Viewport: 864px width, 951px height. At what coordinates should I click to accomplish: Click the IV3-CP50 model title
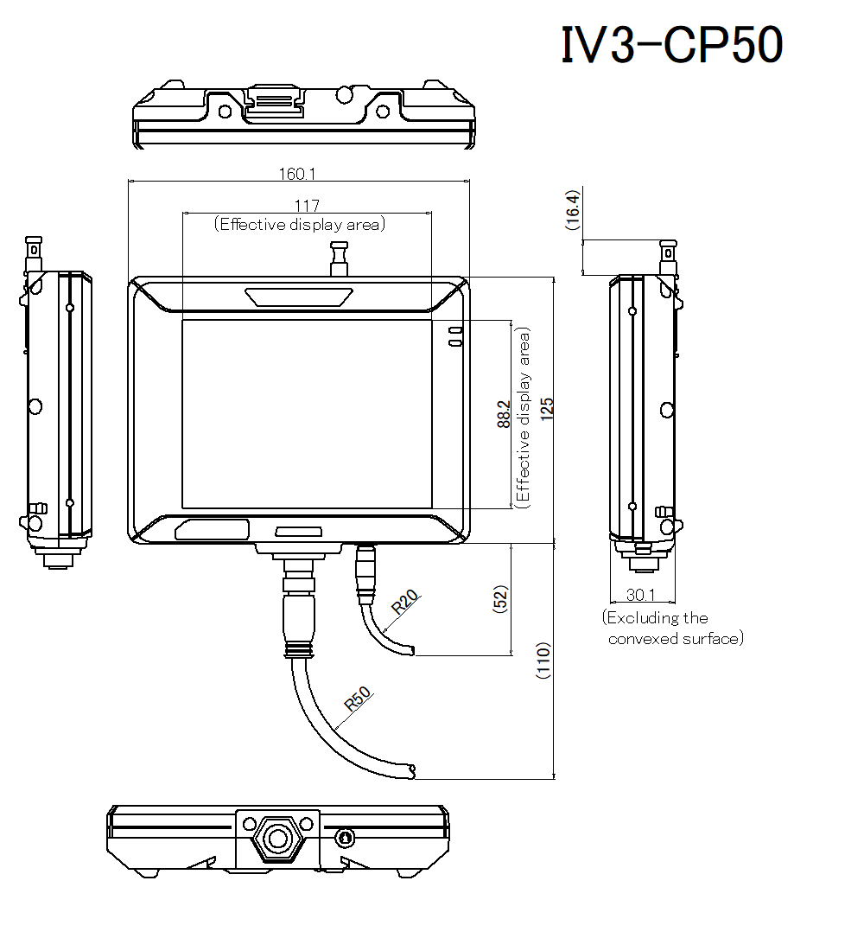(672, 45)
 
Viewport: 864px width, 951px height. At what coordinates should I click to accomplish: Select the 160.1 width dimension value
(296, 174)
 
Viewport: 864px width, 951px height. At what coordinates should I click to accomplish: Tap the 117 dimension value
(307, 206)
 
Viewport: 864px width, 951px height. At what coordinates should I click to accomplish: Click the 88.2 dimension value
(503, 413)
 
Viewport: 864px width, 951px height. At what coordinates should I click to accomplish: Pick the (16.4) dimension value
(572, 210)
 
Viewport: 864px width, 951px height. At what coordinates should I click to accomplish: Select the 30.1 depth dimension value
(641, 595)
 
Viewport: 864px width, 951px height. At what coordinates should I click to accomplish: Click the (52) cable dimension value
(500, 599)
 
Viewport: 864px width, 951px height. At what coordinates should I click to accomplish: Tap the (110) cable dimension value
(543, 661)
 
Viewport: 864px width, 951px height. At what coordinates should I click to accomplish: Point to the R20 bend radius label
(403, 602)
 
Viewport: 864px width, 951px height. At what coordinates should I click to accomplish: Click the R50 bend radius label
(357, 698)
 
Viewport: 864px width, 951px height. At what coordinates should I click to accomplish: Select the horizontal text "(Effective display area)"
(300, 225)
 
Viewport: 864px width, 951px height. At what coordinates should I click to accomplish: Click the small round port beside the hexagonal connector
(345, 838)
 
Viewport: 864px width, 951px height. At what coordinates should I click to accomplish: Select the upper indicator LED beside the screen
(454, 330)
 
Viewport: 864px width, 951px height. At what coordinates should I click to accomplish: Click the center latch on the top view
(275, 101)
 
